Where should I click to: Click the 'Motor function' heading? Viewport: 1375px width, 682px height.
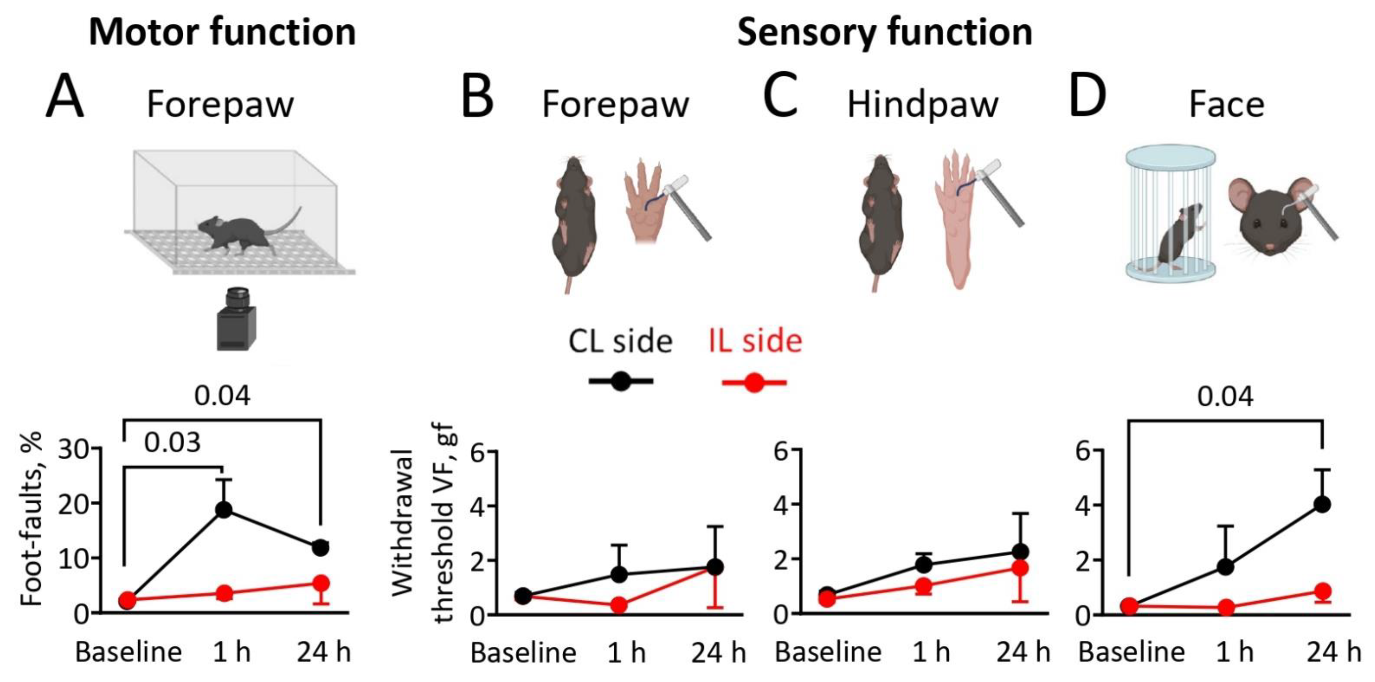pyautogui.click(x=222, y=32)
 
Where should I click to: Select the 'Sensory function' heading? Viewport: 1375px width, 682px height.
pyautogui.click(x=884, y=32)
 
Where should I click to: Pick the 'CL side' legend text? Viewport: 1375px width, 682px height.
pyautogui.click(x=620, y=341)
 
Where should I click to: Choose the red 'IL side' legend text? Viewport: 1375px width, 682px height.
pyautogui.click(x=755, y=341)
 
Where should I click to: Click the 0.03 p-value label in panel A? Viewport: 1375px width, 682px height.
pyautogui.click(x=173, y=442)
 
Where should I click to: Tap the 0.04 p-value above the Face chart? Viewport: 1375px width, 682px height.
pyautogui.click(x=1225, y=397)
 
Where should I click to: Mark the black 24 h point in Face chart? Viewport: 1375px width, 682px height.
pyautogui.click(x=1322, y=504)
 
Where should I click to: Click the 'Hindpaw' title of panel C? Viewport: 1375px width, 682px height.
pyautogui.click(x=923, y=105)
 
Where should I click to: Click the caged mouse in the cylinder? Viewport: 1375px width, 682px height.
pyautogui.click(x=1180, y=235)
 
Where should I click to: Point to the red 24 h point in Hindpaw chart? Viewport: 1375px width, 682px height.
pyautogui.click(x=1021, y=568)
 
